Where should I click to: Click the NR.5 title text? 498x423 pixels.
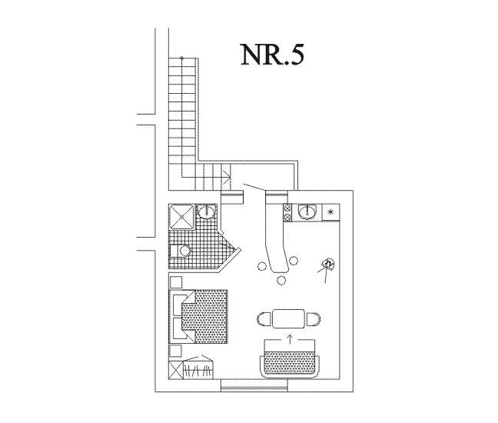[272, 55]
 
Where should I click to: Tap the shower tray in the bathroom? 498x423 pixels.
[181, 216]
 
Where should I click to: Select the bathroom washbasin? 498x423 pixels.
[207, 211]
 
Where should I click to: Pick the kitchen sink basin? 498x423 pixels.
[307, 212]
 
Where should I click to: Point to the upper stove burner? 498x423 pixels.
[287, 208]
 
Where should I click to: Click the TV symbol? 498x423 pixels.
[328, 264]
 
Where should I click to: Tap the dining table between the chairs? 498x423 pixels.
[288, 318]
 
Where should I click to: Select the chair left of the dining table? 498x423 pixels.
[264, 318]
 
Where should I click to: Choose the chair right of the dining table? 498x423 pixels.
[314, 319]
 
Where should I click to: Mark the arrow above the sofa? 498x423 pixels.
[289, 338]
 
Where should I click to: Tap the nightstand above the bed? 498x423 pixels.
[176, 282]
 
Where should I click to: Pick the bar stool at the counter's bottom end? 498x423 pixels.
[281, 280]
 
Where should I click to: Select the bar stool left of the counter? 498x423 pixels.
[262, 265]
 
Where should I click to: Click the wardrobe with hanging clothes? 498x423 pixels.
[198, 368]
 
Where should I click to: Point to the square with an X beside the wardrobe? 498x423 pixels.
[176, 370]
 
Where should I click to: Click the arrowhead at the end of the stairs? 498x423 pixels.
[227, 175]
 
